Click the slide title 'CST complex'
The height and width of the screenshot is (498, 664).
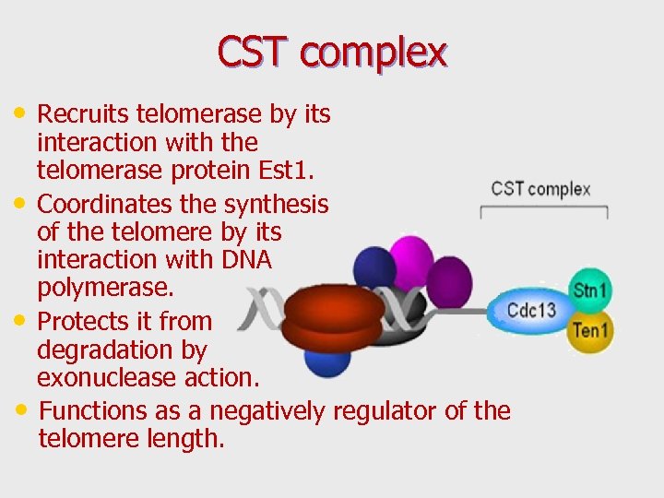point(332,53)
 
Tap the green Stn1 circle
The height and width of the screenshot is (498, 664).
point(590,290)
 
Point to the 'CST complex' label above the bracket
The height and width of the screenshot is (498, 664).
point(540,189)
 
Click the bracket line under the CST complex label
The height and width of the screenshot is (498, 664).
point(544,209)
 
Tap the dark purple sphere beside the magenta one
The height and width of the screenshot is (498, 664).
point(449,280)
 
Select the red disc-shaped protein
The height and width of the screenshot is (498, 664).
point(333,314)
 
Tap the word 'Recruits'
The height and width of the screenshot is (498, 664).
point(83,113)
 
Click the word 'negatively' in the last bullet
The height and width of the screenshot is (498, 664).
point(267,410)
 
